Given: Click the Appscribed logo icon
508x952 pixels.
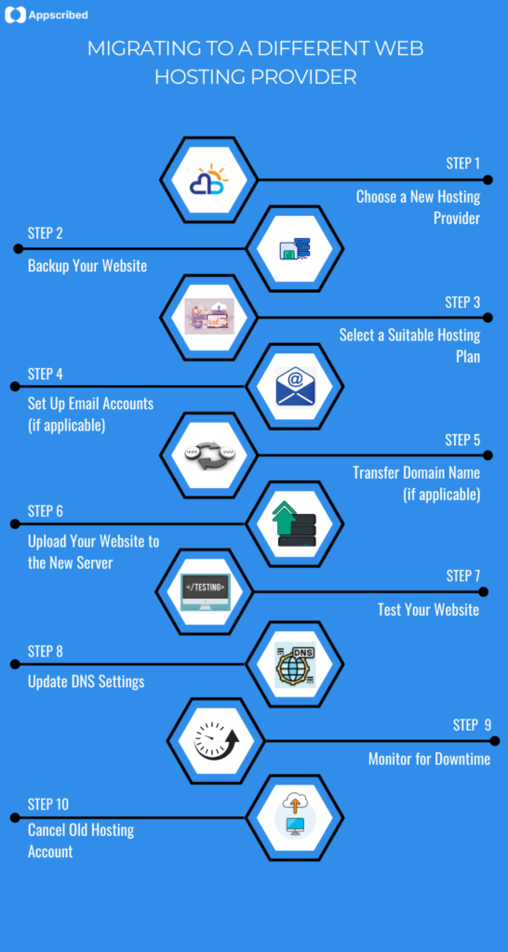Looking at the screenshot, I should (x=16, y=16).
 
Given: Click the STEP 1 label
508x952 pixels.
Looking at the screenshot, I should (x=462, y=164).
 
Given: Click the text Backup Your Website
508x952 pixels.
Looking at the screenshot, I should (x=87, y=266).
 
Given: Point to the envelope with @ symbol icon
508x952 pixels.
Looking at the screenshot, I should (x=295, y=386).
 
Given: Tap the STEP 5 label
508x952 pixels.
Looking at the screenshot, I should (x=462, y=440).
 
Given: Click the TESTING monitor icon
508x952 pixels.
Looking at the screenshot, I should (x=204, y=591).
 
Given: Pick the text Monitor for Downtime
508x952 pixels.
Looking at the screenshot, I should (x=429, y=759).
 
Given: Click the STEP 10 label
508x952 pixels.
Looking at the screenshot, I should (x=48, y=804).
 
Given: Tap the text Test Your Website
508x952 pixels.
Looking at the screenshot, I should (x=428, y=610).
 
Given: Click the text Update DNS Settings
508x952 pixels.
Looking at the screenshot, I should (x=86, y=681).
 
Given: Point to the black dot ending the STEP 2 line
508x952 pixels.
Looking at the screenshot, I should (x=18, y=248).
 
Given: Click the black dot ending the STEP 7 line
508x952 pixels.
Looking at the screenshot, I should (x=483, y=591).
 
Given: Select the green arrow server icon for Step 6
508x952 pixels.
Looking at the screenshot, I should (x=295, y=524).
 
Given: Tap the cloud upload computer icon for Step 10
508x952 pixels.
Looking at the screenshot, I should (x=295, y=814).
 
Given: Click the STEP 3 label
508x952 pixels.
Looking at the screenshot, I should (x=462, y=302).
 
